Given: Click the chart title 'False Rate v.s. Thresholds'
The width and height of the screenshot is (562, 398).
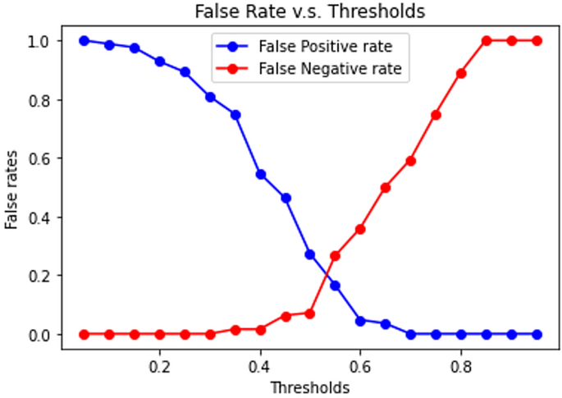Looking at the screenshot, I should pos(311,12).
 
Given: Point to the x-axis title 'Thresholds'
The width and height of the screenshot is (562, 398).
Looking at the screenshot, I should pos(311,386).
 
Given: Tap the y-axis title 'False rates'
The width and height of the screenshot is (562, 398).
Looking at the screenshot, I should pos(11,188).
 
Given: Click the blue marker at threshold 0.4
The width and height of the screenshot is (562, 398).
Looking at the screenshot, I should pos(260,174).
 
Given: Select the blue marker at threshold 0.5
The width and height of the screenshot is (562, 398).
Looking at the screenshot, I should pos(310,254).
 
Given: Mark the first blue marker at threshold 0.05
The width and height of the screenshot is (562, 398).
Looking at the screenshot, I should pos(85,41).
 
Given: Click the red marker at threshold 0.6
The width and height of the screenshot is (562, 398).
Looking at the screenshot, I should pos(360,229).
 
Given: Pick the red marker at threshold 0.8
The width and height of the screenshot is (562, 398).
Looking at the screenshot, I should pos(461,73).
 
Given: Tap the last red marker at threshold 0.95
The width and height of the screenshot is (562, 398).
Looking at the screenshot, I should pos(537,41).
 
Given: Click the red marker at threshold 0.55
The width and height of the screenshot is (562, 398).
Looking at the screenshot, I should pos(335,256).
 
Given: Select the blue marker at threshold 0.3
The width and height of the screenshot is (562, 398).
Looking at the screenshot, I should pos(210,97).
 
